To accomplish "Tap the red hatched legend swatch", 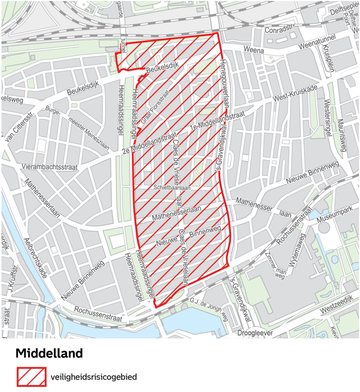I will click(31, 377).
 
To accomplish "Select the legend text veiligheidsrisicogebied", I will click(94, 377).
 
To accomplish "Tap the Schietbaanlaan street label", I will click(172, 188).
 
